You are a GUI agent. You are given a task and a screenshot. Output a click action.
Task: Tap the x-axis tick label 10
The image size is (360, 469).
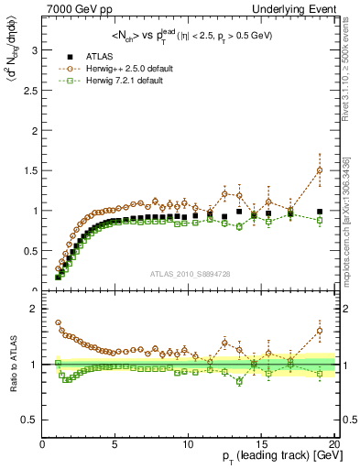click(188, 443)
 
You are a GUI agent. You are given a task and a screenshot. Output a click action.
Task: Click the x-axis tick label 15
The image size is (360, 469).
click(261, 443)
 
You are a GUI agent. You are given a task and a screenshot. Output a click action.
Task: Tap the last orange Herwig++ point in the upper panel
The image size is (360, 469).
click(320, 170)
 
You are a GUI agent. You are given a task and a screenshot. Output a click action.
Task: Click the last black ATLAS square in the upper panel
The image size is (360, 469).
click(320, 212)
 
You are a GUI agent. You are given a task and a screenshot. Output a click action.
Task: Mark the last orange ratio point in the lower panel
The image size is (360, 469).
click(320, 331)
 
